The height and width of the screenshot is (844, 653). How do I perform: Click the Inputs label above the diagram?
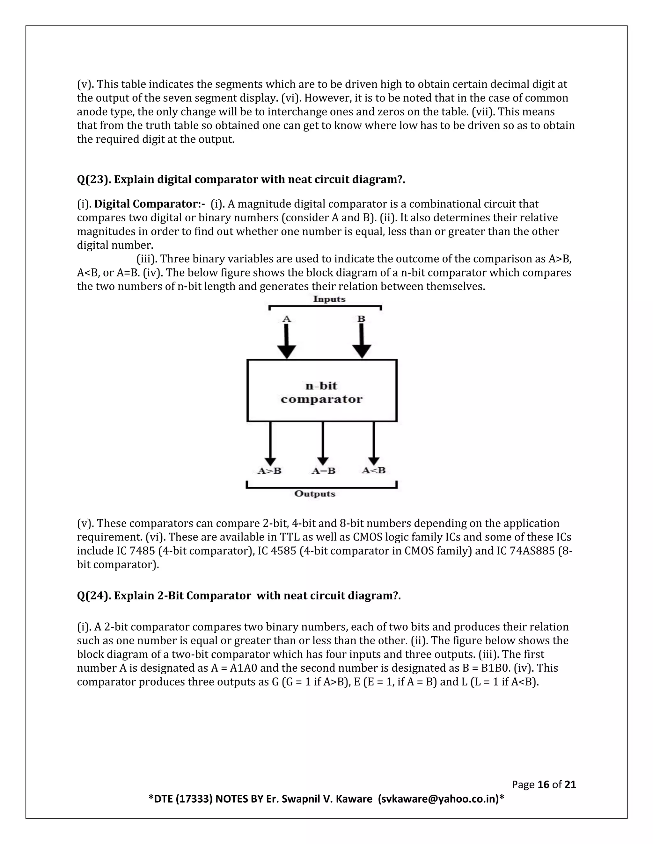click(x=329, y=299)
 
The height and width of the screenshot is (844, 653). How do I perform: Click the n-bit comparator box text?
click(x=321, y=392)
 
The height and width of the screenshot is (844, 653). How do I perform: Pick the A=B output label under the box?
click(x=323, y=471)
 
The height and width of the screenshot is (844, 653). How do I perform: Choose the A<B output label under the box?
click(x=374, y=470)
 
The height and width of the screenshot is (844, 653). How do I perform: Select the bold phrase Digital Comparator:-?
click(x=149, y=204)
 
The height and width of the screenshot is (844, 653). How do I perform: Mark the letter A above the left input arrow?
click(x=286, y=319)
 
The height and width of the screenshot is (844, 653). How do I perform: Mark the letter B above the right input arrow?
click(x=361, y=319)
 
